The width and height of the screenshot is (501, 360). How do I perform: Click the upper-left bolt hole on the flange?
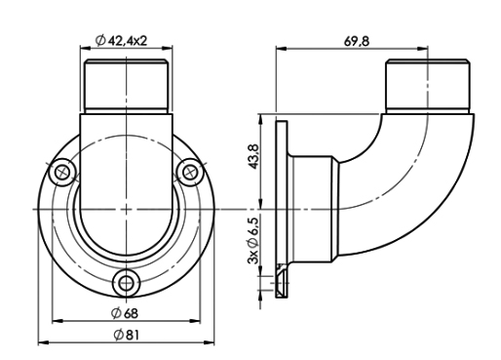click(x=63, y=172)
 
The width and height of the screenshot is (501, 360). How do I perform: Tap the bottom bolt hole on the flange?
click(x=124, y=283)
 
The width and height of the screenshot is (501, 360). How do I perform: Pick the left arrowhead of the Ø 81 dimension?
click(x=41, y=341)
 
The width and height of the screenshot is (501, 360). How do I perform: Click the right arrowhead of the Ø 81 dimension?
click(x=209, y=341)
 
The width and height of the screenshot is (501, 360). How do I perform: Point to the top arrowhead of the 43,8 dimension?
click(x=261, y=118)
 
